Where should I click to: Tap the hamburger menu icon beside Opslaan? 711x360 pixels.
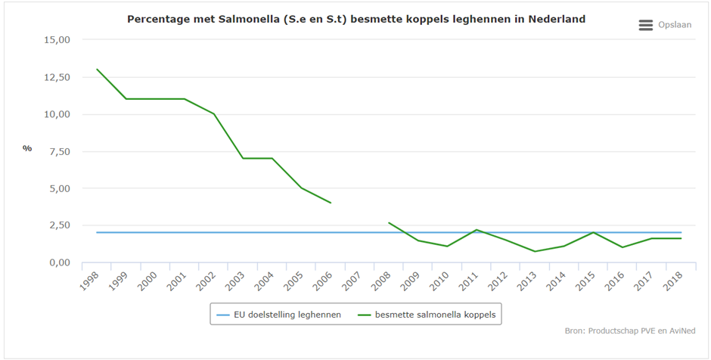click(x=645, y=25)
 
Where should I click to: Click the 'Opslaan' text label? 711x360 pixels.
click(x=675, y=25)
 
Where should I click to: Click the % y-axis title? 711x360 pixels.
click(x=27, y=148)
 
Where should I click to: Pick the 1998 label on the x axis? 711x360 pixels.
click(x=90, y=281)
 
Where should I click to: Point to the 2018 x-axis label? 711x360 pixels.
click(x=671, y=281)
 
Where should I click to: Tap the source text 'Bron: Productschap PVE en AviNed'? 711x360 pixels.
click(x=630, y=331)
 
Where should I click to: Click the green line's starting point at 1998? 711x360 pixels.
click(x=98, y=70)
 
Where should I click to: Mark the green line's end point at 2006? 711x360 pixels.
click(x=331, y=203)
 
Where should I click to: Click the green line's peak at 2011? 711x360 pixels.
click(x=476, y=230)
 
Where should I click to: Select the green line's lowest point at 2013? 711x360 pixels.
click(x=534, y=251)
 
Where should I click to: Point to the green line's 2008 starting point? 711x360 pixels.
click(x=389, y=222)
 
